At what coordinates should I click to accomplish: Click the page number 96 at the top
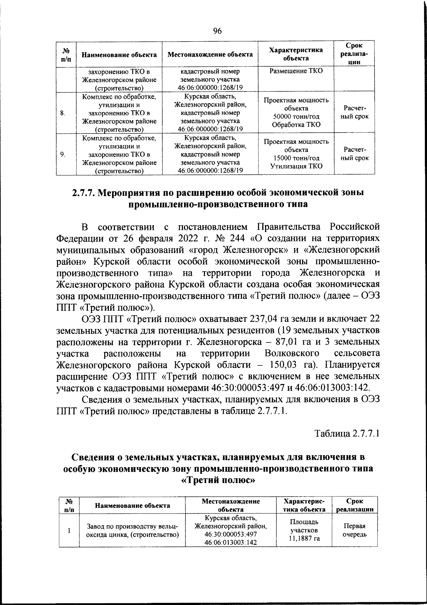(217, 31)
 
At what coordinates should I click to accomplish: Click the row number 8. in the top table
(62, 113)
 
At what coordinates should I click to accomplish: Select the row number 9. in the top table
(62, 154)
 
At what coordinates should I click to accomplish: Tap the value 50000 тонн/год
(296, 117)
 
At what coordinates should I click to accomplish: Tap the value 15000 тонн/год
(296, 158)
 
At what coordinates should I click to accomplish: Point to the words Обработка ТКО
(296, 125)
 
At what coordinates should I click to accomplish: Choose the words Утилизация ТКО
(296, 166)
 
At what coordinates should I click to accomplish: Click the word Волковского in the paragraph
(292, 353)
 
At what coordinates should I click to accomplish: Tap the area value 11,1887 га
(304, 538)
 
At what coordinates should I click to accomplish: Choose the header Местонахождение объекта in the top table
(210, 54)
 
